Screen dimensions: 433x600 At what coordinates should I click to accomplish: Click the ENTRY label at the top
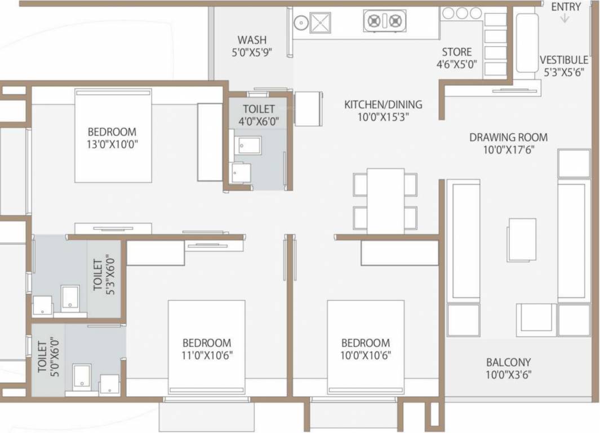point(566,7)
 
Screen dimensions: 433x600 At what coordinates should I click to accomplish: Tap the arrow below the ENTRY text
point(565,19)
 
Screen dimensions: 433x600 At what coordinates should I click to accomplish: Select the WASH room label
point(252,40)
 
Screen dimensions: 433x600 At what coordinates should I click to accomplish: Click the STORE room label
point(456,52)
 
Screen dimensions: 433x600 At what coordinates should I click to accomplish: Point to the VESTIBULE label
point(563,60)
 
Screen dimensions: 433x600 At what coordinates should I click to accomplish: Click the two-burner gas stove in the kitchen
point(385,21)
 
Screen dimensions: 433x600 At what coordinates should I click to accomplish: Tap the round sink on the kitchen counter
point(300,23)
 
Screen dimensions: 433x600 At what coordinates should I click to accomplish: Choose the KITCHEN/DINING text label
point(383,104)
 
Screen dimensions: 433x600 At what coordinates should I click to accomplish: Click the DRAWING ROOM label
point(508,137)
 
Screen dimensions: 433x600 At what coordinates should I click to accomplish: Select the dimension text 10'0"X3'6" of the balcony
point(509,374)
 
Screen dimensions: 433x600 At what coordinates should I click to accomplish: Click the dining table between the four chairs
point(385,200)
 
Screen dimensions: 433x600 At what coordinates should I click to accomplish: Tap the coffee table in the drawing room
point(521,240)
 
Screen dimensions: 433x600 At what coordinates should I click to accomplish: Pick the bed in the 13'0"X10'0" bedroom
point(113,135)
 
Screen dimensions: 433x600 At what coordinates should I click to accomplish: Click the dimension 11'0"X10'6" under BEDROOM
point(207,355)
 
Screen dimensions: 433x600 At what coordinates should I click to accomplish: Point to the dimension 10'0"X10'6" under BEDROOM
point(366,355)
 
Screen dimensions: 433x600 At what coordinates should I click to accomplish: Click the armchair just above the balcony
point(536,319)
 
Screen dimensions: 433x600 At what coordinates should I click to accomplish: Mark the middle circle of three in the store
point(461,13)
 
